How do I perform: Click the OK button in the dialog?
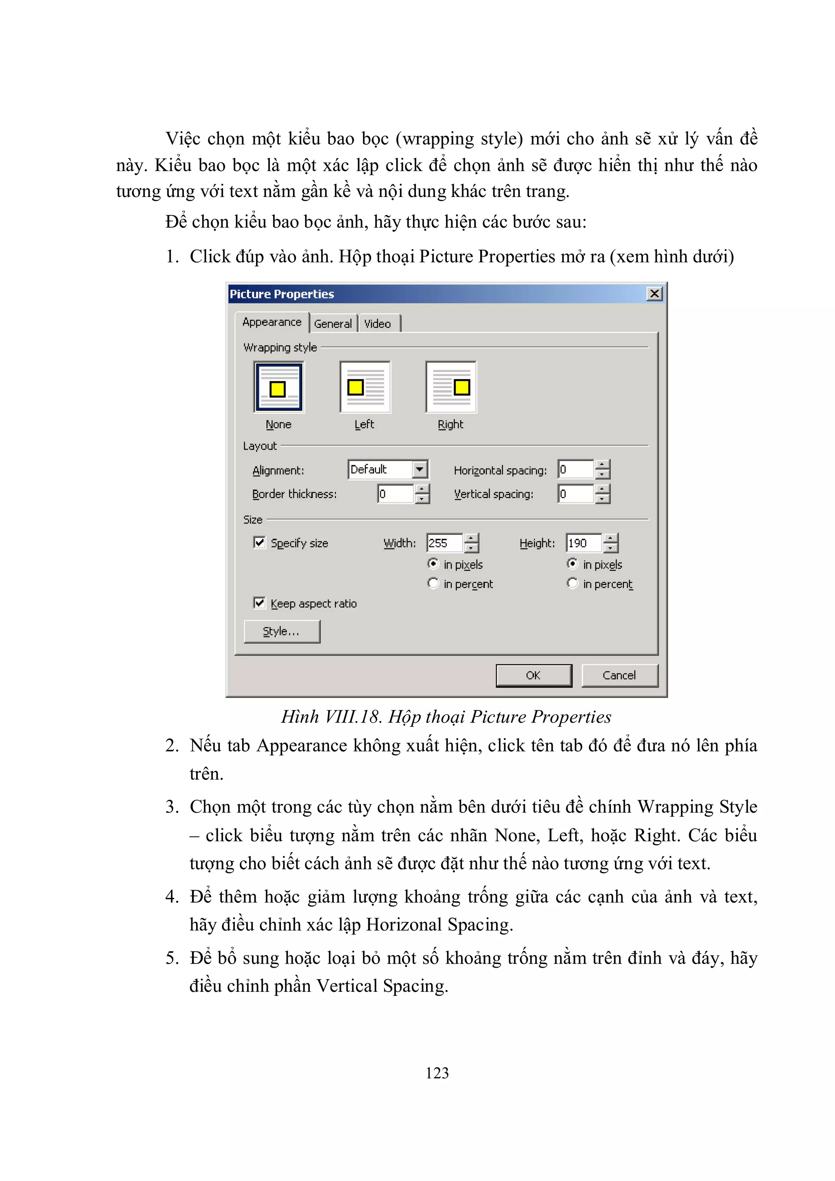pos(534,675)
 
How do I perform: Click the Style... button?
pos(282,631)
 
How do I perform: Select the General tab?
pos(333,323)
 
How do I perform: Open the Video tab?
pos(378,323)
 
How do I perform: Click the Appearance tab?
pos(272,322)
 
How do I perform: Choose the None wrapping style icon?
pos(279,387)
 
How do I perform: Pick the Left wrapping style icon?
pos(365,387)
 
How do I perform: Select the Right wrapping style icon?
pos(451,387)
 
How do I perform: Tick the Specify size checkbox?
pos(260,543)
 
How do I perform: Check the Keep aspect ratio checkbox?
pos(260,603)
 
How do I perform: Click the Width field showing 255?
pos(444,543)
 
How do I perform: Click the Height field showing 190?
pos(583,543)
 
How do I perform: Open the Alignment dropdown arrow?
pos(420,469)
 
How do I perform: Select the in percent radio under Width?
pos(433,583)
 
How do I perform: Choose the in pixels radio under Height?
pos(572,564)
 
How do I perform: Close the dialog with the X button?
pos(654,294)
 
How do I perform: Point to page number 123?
pos(437,1073)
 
